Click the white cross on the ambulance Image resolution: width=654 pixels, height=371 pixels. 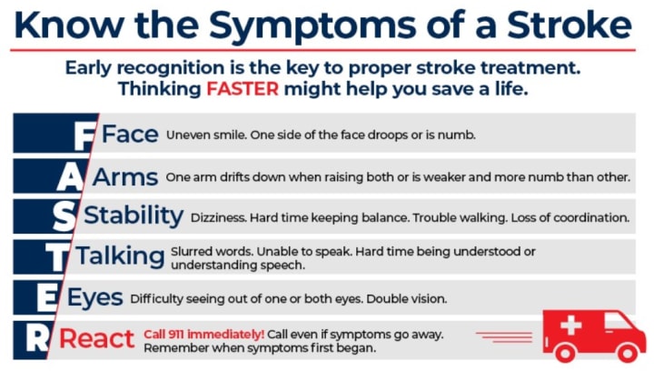[x=571, y=325]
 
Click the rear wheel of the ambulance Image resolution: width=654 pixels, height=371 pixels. [x=565, y=353]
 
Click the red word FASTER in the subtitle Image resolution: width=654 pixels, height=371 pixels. [x=243, y=89]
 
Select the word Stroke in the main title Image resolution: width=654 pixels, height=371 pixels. [x=570, y=25]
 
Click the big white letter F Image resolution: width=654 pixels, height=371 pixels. [x=84, y=136]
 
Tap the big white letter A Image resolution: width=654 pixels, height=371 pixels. [x=70, y=177]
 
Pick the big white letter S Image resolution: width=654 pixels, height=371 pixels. [x=64, y=217]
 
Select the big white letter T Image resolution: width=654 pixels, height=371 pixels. [x=56, y=257]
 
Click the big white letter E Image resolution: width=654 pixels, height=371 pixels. [x=46, y=298]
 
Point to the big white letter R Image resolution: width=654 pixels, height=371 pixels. [x=37, y=338]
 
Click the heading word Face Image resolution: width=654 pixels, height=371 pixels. [x=130, y=135]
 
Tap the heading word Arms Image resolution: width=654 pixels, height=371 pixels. [x=125, y=177]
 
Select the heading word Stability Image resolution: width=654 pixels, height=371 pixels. [x=134, y=216]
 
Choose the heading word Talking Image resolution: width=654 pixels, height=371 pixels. [x=120, y=256]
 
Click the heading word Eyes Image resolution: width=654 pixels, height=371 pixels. [x=95, y=298]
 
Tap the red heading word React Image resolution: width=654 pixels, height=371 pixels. [x=97, y=338]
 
